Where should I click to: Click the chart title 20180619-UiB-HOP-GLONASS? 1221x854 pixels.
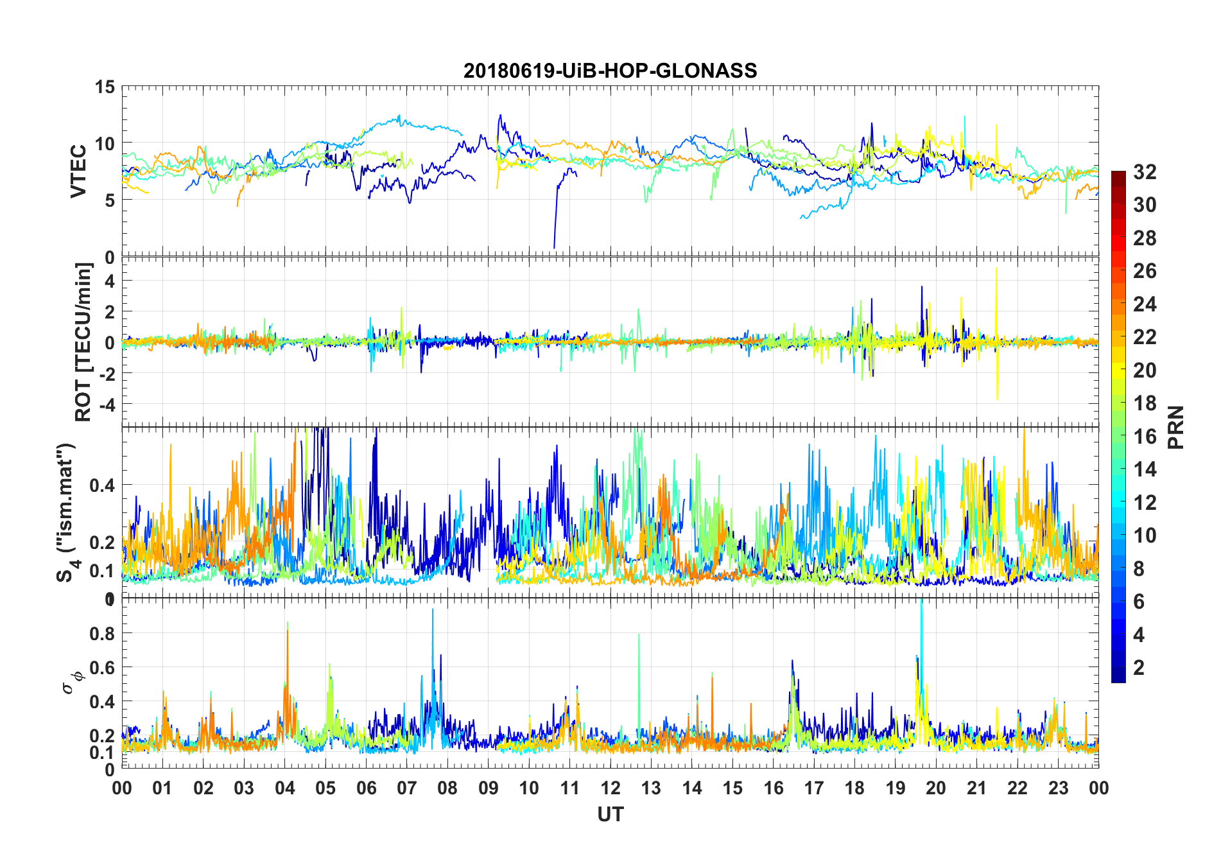(x=610, y=70)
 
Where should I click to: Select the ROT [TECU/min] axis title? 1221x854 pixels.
(x=83, y=342)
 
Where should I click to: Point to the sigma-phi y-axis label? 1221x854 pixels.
(x=71, y=682)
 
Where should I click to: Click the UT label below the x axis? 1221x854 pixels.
(x=610, y=814)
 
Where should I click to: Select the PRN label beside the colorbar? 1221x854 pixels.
(x=1175, y=427)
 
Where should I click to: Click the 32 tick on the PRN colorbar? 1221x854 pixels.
(x=1145, y=171)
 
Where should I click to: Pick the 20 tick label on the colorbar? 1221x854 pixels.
(x=1145, y=370)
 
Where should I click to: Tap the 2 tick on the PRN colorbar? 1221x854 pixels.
(x=1139, y=667)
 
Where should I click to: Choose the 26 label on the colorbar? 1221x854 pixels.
(x=1145, y=271)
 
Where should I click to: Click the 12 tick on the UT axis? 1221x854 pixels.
(x=610, y=788)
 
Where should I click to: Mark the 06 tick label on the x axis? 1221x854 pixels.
(x=366, y=788)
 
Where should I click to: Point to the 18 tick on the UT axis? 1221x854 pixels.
(x=854, y=788)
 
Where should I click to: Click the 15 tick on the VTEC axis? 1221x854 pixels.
(x=105, y=87)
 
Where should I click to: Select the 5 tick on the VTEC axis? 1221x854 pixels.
(x=109, y=200)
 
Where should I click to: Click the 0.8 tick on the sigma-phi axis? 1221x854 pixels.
(x=102, y=633)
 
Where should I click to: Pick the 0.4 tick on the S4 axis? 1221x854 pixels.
(x=102, y=485)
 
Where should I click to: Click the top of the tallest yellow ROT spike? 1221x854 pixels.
(x=996, y=268)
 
